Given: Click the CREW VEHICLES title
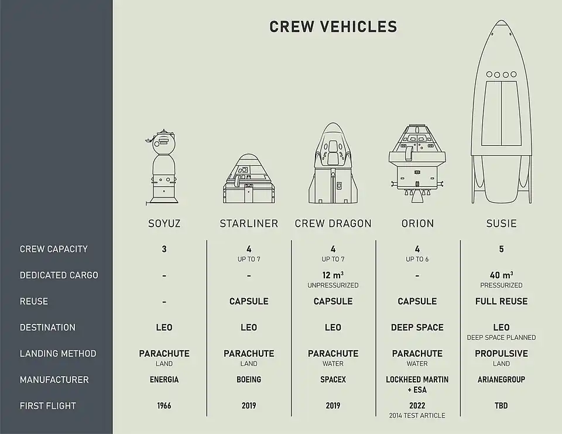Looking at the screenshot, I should coord(333,27).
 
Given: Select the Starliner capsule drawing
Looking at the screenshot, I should coord(249,179).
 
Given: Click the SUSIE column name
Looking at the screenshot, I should coord(501,223).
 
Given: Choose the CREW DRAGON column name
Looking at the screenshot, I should coord(333,223).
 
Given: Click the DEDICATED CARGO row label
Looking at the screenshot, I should coord(59,275).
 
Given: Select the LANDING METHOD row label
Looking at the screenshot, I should coord(58,354).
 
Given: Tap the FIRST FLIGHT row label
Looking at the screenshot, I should coord(48,406).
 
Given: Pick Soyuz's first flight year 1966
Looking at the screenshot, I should coord(164,406).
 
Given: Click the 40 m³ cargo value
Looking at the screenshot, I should coord(501,275).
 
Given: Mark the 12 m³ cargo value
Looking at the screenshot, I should coord(333,275).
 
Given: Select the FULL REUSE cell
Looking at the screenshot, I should coord(501,302).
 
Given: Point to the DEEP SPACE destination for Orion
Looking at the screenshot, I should coord(417,327).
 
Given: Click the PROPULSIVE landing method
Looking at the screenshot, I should coord(501,354).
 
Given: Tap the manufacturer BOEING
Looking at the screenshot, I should coord(249,380).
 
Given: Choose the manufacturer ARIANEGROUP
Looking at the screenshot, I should coord(501,380).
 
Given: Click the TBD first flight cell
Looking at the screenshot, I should coord(501,406).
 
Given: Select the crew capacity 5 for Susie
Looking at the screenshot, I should coord(501,249).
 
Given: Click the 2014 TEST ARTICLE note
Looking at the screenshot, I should coord(417,416).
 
